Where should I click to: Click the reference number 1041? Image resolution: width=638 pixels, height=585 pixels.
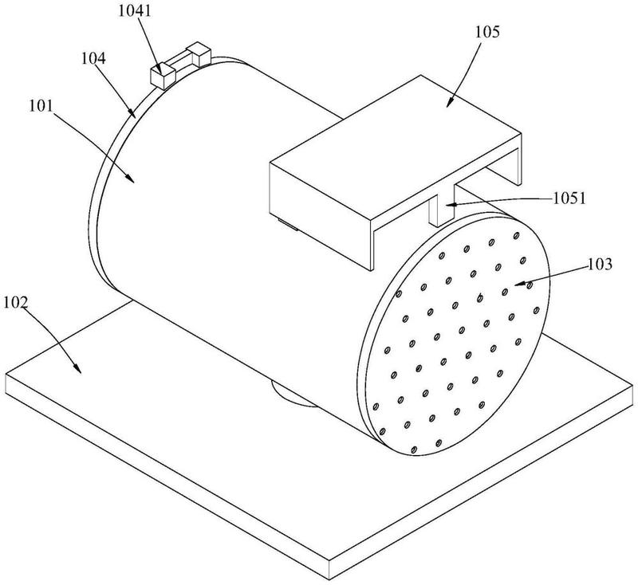(135, 11)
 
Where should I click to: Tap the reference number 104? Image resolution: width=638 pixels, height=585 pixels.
(93, 58)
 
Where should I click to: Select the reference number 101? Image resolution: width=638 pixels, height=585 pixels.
(41, 106)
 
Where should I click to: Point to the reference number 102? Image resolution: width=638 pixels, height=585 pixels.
(16, 302)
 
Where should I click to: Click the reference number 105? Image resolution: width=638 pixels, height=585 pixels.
(487, 32)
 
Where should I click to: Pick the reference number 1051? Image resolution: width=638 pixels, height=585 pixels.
(569, 198)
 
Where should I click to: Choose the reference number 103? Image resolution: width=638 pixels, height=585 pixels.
(600, 265)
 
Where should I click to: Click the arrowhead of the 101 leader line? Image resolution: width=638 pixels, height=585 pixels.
(129, 179)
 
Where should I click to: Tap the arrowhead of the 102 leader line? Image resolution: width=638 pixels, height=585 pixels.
(77, 367)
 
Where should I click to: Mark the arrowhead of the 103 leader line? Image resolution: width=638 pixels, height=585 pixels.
(520, 284)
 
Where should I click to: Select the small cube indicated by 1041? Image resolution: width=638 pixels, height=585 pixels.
(163, 76)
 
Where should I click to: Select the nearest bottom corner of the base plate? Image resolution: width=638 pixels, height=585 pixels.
(329, 579)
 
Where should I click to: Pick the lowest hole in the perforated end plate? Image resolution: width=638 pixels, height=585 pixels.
(414, 450)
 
